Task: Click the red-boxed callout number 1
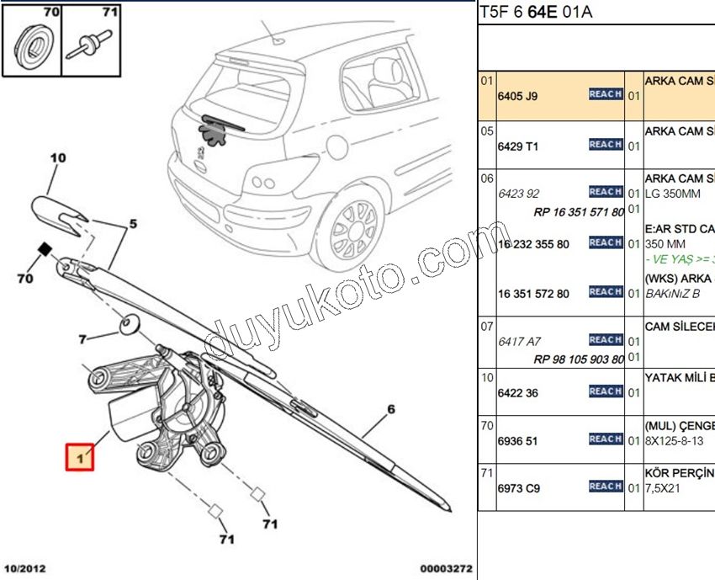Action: tap(81, 458)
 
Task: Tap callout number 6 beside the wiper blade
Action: tap(390, 412)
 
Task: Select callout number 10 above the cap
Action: tap(57, 157)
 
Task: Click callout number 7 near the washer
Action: tap(82, 339)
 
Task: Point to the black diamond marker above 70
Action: tap(44, 248)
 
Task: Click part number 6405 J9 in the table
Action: tap(517, 96)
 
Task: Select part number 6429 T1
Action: tap(517, 146)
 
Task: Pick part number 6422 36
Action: tap(517, 393)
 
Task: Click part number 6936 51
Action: tap(517, 440)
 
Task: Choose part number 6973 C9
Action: tap(517, 487)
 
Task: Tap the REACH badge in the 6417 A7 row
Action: tap(605, 340)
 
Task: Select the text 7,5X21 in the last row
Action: tap(662, 487)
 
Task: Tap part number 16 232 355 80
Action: tap(533, 244)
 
